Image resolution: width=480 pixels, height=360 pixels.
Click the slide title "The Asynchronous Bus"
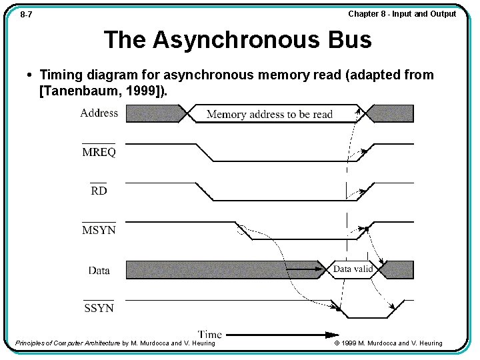(237, 40)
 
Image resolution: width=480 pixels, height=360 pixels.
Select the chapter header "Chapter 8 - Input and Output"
(402, 14)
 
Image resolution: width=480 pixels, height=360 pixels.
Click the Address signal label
(99, 113)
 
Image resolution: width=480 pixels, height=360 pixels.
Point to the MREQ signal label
(99, 153)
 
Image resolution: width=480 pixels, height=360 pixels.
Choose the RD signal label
(99, 191)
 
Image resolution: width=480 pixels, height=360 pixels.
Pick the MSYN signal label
(99, 231)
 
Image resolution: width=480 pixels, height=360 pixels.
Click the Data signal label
(99, 270)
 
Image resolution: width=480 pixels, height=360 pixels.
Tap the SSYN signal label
(99, 308)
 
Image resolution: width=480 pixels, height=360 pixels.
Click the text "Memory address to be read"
(269, 115)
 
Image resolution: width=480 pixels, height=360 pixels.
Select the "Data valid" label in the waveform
(353, 269)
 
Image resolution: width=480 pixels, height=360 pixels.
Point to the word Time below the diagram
(210, 334)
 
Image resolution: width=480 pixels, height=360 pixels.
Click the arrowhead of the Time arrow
(333, 334)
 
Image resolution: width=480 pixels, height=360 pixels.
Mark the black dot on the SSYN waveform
(339, 310)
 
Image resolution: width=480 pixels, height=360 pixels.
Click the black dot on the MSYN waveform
(367, 229)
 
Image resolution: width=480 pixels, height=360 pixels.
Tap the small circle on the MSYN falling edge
(242, 230)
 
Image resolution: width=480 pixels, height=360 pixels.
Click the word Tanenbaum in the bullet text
(79, 91)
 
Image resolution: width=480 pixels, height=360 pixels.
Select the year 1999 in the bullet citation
(142, 91)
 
